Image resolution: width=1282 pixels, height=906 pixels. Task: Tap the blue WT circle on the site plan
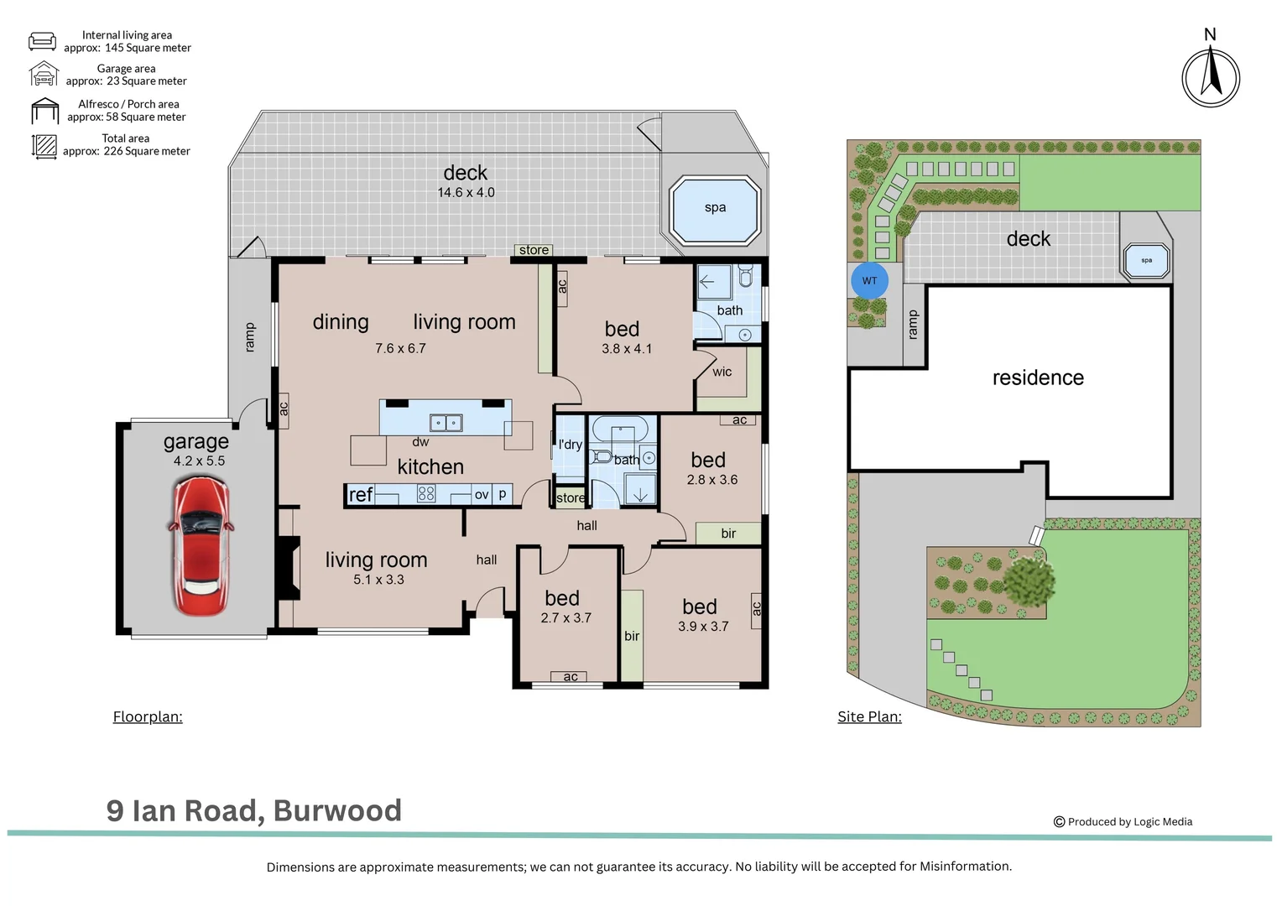pos(869,280)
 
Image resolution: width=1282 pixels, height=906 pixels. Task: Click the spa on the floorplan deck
pos(715,210)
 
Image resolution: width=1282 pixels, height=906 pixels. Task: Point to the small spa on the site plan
pos(1146,261)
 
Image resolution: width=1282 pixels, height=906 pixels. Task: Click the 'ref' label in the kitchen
pos(361,495)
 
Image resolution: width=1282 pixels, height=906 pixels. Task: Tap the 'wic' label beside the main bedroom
pos(722,372)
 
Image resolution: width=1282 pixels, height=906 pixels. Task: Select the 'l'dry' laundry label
pos(571,445)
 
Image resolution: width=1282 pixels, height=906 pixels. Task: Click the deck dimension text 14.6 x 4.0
pos(466,193)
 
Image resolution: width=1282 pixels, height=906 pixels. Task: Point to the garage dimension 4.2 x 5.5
pos(199,461)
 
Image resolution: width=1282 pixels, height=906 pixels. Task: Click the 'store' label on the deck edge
pos(534,250)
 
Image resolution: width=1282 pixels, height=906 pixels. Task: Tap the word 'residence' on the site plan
pos(1038,377)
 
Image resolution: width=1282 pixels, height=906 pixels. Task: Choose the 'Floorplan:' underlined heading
pos(148,717)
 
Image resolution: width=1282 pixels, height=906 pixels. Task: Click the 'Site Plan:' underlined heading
pos(869,717)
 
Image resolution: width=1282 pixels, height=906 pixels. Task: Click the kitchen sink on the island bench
pos(446,423)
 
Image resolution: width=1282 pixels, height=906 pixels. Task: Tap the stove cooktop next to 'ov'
pos(426,495)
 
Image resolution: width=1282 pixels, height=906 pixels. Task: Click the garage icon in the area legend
pos(44,75)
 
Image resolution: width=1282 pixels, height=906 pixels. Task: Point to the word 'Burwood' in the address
pos(337,811)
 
